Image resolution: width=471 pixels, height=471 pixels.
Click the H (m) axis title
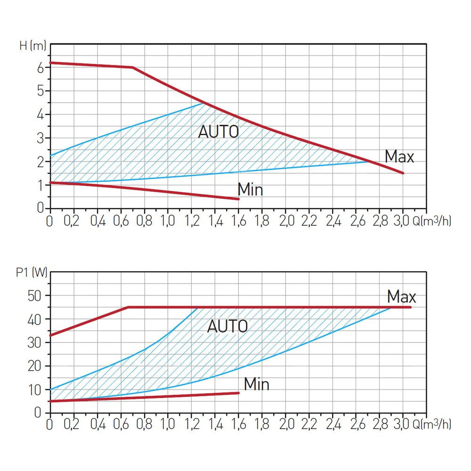click(32, 46)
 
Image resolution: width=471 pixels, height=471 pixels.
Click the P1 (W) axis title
click(32, 273)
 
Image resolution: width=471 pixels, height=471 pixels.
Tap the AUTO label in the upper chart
click(218, 132)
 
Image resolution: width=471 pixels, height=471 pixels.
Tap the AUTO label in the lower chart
click(227, 326)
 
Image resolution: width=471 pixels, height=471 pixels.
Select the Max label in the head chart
click(399, 157)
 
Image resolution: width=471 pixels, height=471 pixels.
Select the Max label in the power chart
click(402, 297)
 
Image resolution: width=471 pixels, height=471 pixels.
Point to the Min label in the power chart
click(257, 384)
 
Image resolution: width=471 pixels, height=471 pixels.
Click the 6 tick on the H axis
click(41, 67)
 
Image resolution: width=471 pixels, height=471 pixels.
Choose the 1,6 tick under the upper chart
click(238, 221)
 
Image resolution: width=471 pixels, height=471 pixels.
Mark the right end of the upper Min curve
click(238, 199)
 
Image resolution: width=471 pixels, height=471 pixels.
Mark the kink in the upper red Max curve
click(133, 67)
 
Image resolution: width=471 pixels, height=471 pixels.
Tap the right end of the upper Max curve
click(403, 173)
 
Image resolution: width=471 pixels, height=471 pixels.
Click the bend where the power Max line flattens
click(128, 307)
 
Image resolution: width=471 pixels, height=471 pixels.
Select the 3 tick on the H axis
click(41, 138)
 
